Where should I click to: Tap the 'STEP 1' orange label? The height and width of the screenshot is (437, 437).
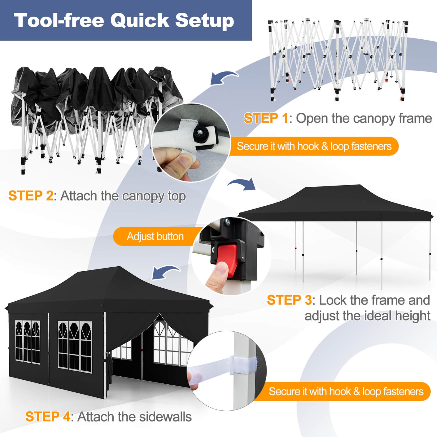tap(266, 118)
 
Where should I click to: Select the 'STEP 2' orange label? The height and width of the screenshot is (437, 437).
tap(31, 196)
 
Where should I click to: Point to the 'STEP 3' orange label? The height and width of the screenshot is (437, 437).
tap(289, 300)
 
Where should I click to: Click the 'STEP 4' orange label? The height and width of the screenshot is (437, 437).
tap(47, 417)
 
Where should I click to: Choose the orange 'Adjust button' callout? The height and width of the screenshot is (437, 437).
tap(155, 236)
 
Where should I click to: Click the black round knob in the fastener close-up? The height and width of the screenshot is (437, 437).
tap(200, 134)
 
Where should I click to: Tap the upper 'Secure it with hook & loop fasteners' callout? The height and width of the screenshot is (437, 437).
tap(314, 146)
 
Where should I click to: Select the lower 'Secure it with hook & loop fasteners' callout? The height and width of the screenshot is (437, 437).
tap(346, 392)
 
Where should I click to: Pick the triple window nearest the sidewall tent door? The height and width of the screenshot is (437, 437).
tap(75, 347)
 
